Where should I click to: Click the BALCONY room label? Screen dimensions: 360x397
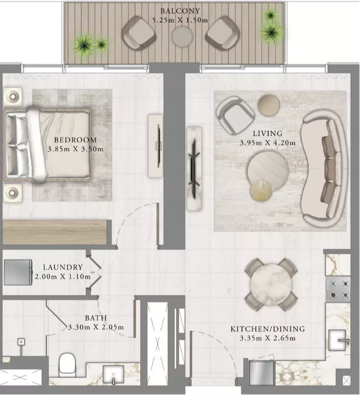point(180,11)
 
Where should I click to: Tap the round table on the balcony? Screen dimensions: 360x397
point(182,37)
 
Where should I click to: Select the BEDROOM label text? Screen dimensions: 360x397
point(75,140)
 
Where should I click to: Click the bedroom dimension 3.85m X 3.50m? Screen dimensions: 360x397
point(75,149)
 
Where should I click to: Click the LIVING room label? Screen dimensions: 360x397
point(268,133)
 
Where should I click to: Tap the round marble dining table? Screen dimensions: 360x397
point(270,284)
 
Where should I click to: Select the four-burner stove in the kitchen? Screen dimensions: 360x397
point(338,289)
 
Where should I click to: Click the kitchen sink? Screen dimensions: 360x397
point(338,340)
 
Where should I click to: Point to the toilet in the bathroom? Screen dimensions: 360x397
point(67,365)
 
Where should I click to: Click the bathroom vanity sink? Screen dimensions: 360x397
point(113,375)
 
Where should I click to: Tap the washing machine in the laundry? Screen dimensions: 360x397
point(18,272)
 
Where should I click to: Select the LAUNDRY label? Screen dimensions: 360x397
point(63,267)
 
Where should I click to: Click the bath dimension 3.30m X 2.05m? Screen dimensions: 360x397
point(96,327)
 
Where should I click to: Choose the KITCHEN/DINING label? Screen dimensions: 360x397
point(268,329)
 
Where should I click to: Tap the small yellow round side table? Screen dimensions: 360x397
point(261,190)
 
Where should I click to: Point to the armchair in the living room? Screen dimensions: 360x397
point(235,115)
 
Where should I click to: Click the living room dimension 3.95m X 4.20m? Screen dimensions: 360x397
point(268,143)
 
